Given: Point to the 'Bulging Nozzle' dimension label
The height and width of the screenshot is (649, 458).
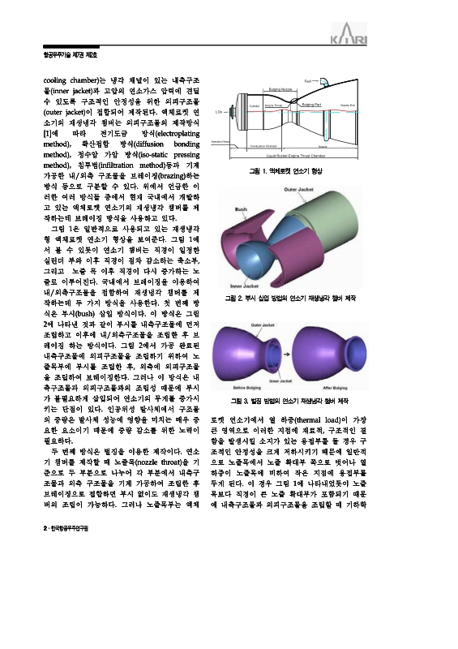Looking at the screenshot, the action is (281, 88).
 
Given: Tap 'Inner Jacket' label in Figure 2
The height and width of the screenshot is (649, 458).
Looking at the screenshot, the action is (243, 286).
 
